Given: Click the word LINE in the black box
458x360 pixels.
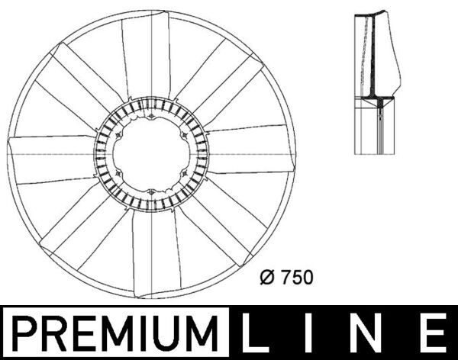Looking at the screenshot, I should point(344,334).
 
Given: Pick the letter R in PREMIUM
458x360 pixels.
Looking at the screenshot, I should point(51,334).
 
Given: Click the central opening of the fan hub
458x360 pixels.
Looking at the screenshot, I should point(150,156).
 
